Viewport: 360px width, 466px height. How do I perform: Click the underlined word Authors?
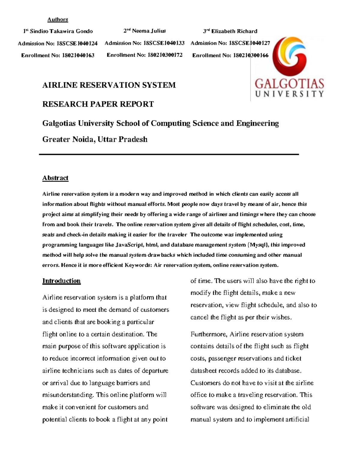pos(58,20)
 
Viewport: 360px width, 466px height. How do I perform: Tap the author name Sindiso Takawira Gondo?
pos(61,31)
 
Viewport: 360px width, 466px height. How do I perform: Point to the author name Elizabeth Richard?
pos(234,31)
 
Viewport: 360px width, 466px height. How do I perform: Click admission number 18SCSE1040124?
pos(77,44)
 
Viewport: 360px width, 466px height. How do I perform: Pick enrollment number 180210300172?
pos(165,55)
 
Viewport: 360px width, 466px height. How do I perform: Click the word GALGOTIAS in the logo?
pos(289,83)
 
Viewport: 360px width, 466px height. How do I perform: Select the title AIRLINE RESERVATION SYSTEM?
pos(109,85)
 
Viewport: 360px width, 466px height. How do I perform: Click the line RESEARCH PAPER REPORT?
pos(98,104)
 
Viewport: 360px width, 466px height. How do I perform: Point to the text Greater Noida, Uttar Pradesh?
pos(95,140)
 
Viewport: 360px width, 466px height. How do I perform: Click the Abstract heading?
pos(55,178)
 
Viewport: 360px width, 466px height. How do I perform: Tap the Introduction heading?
pos(61,281)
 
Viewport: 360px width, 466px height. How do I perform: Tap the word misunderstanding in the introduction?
pos(68,395)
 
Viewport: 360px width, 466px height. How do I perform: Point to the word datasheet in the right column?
pos(203,371)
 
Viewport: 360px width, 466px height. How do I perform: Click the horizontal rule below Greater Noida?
pos(169,154)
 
